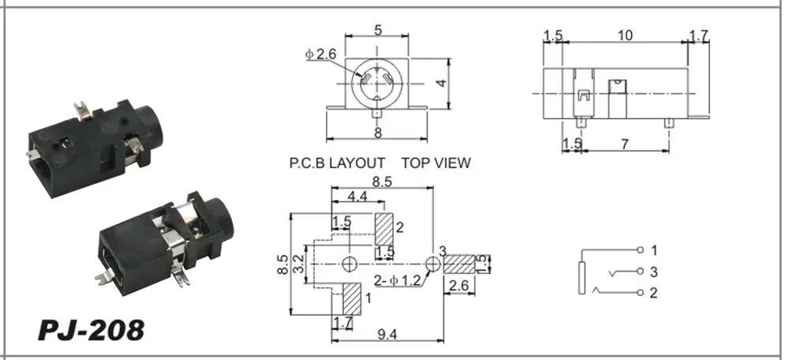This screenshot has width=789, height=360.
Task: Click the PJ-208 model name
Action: tap(91, 331)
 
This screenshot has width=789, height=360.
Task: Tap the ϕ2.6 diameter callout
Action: tap(320, 54)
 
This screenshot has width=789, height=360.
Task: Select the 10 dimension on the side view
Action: tap(625, 36)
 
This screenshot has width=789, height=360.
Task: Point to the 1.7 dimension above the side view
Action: tap(698, 36)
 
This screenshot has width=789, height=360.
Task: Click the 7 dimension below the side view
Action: tap(624, 144)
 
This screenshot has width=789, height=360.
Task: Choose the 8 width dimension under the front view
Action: tap(378, 133)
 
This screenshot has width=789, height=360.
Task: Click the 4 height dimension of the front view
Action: tap(441, 83)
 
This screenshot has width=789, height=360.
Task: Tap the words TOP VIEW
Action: tap(436, 163)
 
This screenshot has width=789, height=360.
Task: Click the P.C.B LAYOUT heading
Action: tap(337, 163)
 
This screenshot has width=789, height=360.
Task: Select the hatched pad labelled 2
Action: tap(384, 229)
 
